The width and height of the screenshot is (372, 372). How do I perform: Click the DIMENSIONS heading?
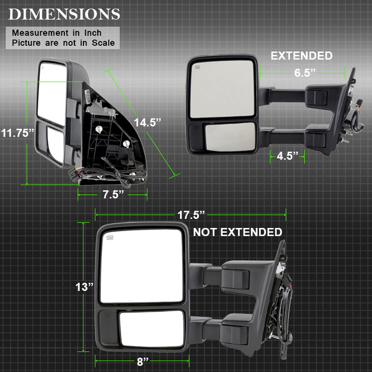pyautogui.click(x=64, y=14)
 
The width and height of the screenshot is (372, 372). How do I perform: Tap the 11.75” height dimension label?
pyautogui.click(x=18, y=133)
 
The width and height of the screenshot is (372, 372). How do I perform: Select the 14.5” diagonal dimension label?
pyautogui.click(x=147, y=122)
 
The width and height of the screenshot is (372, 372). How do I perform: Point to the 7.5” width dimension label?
pyautogui.click(x=113, y=195)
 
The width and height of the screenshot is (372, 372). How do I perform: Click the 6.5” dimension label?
pyautogui.click(x=305, y=73)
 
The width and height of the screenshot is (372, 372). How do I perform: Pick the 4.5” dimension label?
pyautogui.click(x=288, y=156)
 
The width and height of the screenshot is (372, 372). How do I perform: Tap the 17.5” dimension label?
pyautogui.click(x=191, y=215)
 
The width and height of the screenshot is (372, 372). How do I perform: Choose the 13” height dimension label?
pyautogui.click(x=84, y=287)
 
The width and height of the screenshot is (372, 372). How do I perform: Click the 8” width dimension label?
pyautogui.click(x=142, y=361)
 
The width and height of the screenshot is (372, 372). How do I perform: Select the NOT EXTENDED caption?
pyautogui.click(x=238, y=232)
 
